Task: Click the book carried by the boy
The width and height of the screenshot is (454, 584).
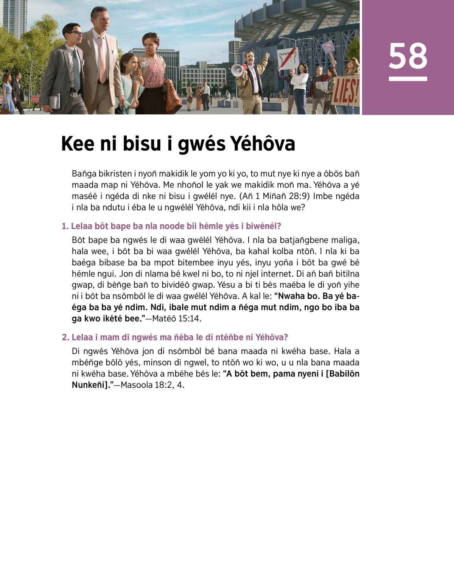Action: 55,101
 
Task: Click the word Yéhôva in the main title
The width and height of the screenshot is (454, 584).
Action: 263,144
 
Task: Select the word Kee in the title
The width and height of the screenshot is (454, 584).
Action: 78,144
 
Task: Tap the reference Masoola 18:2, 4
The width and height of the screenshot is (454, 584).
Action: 152,385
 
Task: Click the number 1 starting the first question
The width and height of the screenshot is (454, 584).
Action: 65,226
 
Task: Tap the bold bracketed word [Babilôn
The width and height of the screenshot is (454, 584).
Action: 342,374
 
